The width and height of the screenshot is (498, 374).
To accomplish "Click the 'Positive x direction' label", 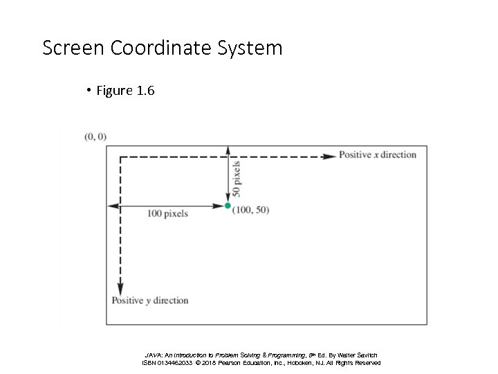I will pos(378,154).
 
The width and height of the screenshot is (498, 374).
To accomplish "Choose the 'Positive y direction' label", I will pos(150,301).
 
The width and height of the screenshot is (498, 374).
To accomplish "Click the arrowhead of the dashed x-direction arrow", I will pos(331,156).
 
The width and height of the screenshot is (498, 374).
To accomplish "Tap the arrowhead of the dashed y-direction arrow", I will pos(120,289).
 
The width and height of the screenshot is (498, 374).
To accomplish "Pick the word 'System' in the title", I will pos(256,48).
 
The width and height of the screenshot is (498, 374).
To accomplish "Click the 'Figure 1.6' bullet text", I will pos(125,91).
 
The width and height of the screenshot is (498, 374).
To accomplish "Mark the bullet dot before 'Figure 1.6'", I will pos(89,91).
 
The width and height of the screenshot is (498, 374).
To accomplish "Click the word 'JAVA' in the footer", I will pos(153,355).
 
